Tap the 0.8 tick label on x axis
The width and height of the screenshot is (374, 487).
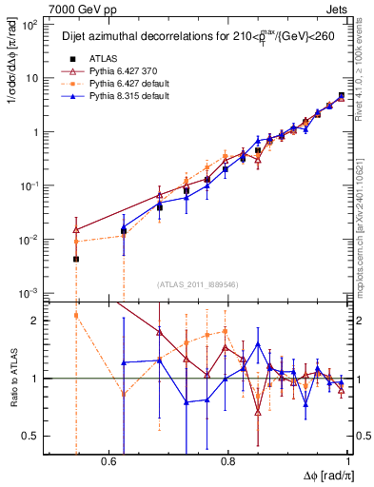tap(228, 461)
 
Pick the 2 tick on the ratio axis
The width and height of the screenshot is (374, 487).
tap(36, 321)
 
